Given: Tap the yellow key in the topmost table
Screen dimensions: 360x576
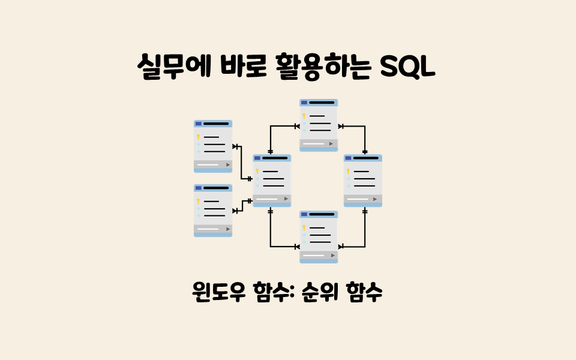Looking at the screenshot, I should click(304, 116).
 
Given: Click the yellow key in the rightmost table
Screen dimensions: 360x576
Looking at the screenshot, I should click(348, 172).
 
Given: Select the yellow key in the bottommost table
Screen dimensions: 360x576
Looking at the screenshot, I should click(304, 227).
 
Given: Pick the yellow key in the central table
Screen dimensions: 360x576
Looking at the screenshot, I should click(257, 172).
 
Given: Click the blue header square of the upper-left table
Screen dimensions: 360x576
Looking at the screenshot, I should click(199, 124).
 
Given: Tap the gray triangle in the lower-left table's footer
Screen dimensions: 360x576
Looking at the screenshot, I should click(227, 229).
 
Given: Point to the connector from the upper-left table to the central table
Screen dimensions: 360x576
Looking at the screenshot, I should click(242, 162).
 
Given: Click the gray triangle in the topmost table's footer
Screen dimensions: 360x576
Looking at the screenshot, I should click(331, 143).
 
